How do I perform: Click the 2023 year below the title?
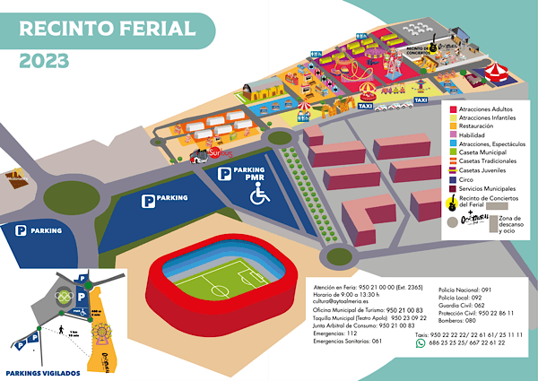coord(44,61)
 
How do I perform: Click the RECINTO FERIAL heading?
coord(107,27)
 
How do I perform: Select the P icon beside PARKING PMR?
coord(224,173)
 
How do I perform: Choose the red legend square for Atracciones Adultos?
coord(452,108)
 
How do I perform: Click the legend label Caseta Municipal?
coord(485,152)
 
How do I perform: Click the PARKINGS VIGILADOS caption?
coord(43,371)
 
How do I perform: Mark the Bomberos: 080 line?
coord(457,318)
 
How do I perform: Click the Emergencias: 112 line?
coord(327,333)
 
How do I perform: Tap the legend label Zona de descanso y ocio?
coord(509,224)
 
